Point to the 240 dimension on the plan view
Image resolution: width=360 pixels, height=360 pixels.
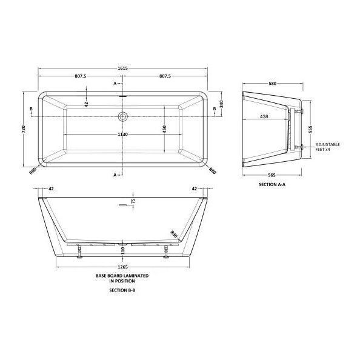[x=222, y=104]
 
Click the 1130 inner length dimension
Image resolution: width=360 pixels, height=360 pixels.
[x=123, y=135]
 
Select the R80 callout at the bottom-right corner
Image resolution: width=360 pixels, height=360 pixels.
[x=213, y=172]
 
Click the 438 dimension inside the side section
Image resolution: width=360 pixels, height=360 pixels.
[x=264, y=116]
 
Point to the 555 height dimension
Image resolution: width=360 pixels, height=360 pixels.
[x=309, y=128]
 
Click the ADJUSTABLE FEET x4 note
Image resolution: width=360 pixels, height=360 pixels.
[x=328, y=147]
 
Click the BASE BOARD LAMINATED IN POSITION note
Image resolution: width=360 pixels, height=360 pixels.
[x=122, y=278]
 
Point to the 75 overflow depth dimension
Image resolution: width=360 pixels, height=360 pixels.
[x=133, y=201]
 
